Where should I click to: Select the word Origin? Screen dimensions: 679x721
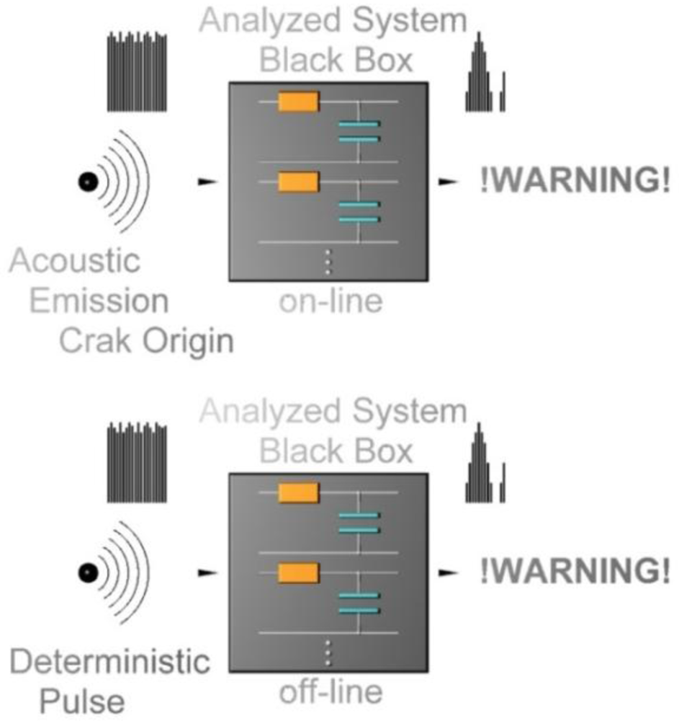point(189,340)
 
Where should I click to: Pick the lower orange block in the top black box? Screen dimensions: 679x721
point(298,181)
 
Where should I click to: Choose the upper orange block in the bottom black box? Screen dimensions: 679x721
point(298,493)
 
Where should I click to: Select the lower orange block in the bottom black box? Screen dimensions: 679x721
point(298,572)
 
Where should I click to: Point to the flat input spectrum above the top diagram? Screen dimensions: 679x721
point(137,71)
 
